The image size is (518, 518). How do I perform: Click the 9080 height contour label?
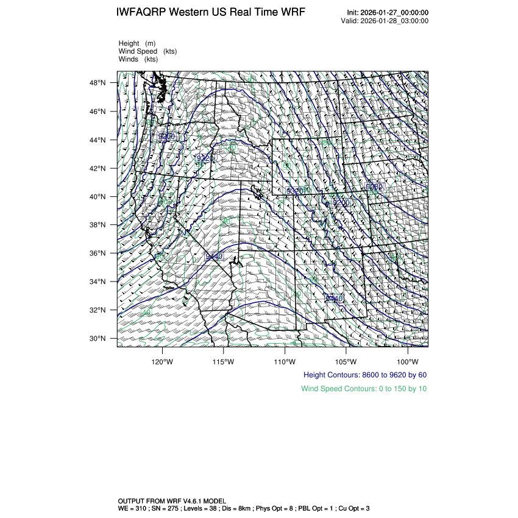pos(374,186)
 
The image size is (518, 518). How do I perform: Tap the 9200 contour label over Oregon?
pos(166,137)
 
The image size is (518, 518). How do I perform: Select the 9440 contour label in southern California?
pos(214,257)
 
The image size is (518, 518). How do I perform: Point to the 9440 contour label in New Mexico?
pos(334,298)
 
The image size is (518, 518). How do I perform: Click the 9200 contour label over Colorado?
pos(341,202)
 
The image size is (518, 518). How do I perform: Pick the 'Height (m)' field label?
pos(138,43)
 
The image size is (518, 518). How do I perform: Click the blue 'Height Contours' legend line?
pos(365,374)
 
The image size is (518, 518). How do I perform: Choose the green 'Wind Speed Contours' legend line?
pos(364,389)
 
